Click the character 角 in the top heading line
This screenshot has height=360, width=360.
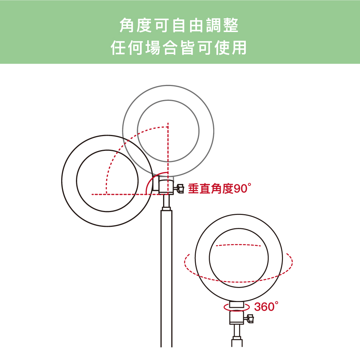pyautogui.click(x=127, y=25)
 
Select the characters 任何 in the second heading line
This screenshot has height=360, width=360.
pyautogui.click(x=127, y=48)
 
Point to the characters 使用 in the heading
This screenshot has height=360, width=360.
pyautogui.click(x=230, y=48)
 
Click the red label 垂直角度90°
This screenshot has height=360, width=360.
pyautogui.click(x=220, y=189)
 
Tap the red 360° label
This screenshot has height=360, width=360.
pyautogui.click(x=266, y=306)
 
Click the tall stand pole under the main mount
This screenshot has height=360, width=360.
pyautogui.click(x=166, y=278)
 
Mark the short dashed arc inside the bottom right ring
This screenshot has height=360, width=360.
pyautogui.click(x=239, y=245)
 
